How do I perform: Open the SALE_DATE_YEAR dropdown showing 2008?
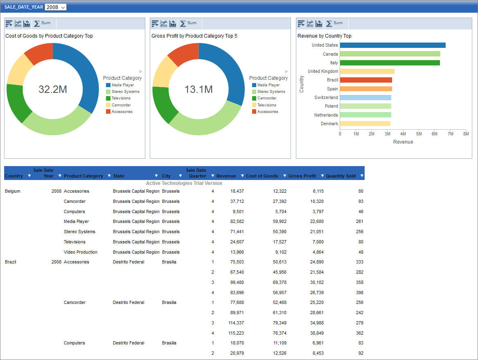pos(55,7)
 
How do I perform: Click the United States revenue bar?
pos(392,45)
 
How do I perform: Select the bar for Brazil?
pos(366,80)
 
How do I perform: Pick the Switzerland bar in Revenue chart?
pos(365,98)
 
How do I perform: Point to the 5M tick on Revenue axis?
pos(419,134)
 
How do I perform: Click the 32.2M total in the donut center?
pos(53,90)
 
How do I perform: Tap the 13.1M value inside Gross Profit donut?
pos(198,90)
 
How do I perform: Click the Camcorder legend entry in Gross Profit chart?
pos(266,98)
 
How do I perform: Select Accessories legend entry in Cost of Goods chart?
pos(122,112)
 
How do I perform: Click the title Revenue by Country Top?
pos(324,36)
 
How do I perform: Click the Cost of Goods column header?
pos(262,176)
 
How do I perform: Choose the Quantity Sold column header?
pos(340,176)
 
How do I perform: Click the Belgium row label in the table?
pos(13,191)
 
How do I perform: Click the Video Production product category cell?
pos(80,252)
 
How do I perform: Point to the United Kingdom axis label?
pos(323,71)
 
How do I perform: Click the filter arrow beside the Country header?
pos(29,176)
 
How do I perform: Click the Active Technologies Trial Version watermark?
pos(184,183)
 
